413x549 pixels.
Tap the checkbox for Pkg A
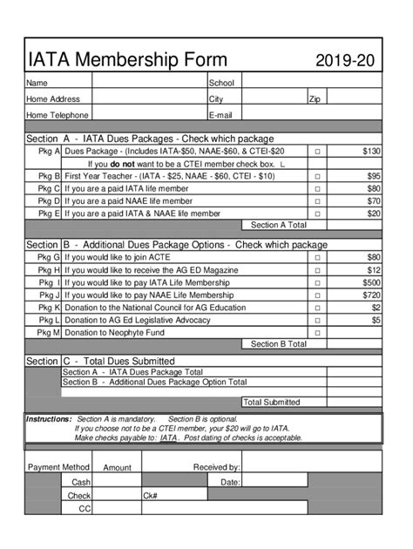pos(318,152)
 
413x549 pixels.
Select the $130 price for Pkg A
pos(371,152)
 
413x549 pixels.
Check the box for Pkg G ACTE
pos(318,258)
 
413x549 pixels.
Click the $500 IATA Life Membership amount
pos(371,282)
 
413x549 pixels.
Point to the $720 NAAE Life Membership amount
pos(371,295)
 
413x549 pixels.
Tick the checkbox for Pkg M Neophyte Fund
pos(318,333)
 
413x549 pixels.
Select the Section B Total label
pos(278,345)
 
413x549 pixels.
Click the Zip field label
pos(315,99)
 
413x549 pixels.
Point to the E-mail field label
pos(220,115)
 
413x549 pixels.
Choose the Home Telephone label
pos(58,115)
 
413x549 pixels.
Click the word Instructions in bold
pos(49,419)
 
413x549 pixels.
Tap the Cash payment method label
pos(81,482)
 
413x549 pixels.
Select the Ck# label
pos(150,496)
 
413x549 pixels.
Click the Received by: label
pos(216,468)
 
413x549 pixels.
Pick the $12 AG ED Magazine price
pos(374,270)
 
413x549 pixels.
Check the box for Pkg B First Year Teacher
pos(318,176)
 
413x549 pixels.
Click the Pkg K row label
pos(49,308)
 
